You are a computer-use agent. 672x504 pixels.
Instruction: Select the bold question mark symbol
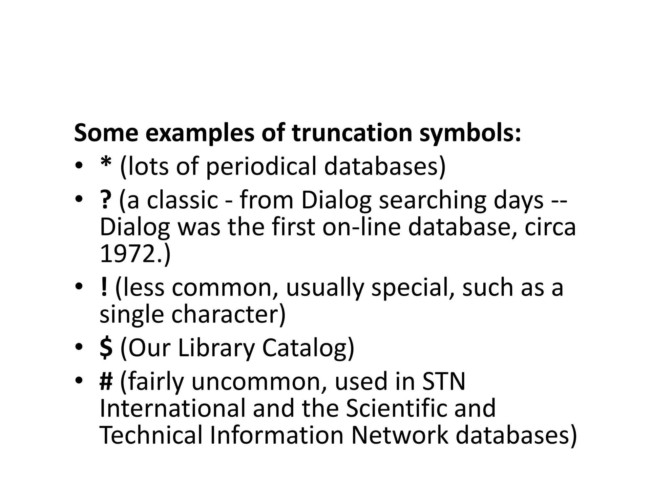(x=105, y=200)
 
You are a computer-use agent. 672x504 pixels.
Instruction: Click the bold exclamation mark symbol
(x=104, y=287)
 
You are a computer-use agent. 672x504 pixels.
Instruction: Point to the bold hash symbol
(x=106, y=382)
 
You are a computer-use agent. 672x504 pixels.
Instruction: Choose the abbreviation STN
(x=444, y=381)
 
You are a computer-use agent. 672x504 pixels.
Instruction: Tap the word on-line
(x=361, y=227)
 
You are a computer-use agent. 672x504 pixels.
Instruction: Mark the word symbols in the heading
(x=470, y=133)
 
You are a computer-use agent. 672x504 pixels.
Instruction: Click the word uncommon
(x=259, y=381)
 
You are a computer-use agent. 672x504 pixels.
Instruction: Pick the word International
(x=173, y=408)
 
